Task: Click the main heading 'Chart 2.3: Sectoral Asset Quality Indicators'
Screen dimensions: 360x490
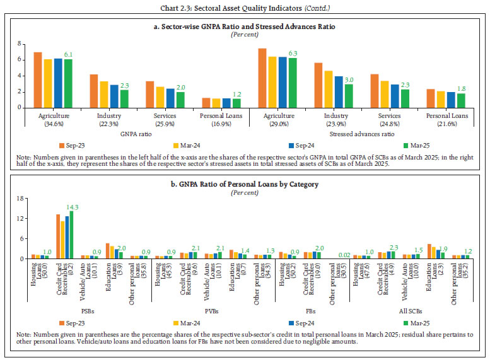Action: pos(245,8)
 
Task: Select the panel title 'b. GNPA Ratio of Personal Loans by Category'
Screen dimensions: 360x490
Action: pos(245,184)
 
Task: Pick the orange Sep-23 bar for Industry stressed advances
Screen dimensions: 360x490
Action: pos(318,85)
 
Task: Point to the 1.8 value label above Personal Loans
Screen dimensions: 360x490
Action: pos(462,88)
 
